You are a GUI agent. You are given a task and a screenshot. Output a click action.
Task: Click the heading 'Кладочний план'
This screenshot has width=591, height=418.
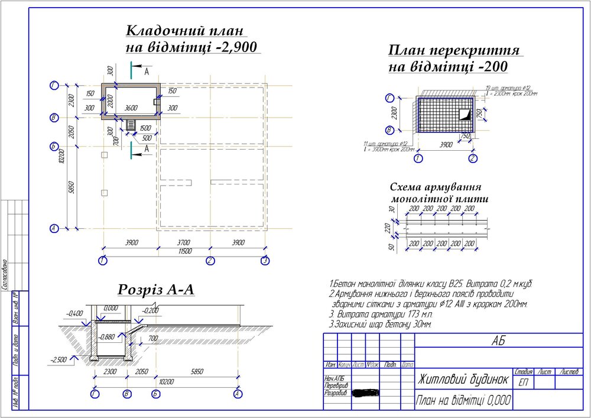[x=185, y=31]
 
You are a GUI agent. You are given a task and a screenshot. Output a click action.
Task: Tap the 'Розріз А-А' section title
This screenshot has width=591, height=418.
[x=156, y=290]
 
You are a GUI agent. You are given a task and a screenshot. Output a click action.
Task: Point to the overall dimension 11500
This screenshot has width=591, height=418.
[x=184, y=252]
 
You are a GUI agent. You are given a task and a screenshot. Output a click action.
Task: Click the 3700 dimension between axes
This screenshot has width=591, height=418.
[x=184, y=243]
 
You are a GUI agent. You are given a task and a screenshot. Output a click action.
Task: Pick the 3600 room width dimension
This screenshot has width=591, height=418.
[x=132, y=108]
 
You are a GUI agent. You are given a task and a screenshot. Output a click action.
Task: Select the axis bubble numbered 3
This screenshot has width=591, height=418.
[x=265, y=261]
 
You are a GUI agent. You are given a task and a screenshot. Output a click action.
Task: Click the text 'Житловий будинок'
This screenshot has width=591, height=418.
[x=463, y=378]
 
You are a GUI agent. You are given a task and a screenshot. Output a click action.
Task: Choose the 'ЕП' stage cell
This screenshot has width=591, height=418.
[x=524, y=383]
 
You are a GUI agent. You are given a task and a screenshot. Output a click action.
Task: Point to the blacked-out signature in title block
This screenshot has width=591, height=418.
[x=365, y=392]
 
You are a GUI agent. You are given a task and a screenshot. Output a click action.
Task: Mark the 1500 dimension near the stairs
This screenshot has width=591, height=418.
[x=145, y=128]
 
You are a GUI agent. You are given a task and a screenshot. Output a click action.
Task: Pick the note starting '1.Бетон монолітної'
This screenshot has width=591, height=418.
[x=431, y=284]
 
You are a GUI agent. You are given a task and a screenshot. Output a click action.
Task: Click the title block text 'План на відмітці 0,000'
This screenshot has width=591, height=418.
[x=463, y=401]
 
